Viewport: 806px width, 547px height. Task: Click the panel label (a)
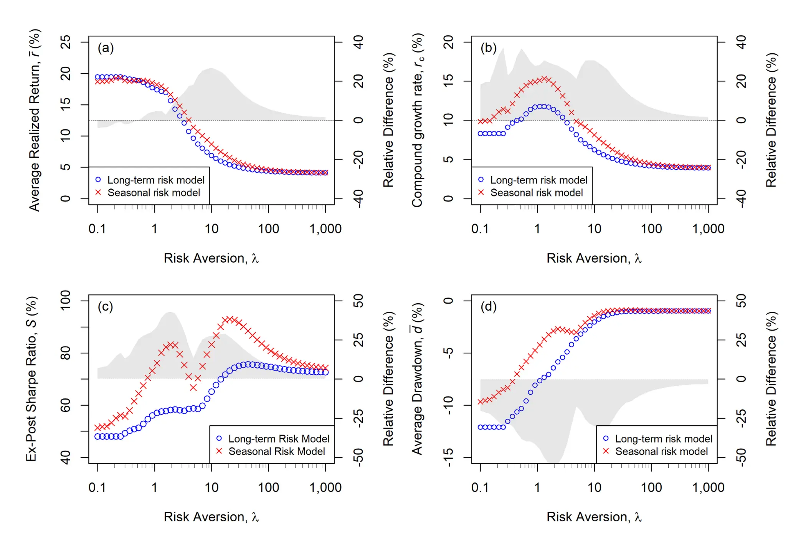click(x=106, y=48)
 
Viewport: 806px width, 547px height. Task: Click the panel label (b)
click(x=489, y=48)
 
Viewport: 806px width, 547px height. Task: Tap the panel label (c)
click(x=106, y=307)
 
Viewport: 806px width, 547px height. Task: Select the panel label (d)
click(x=489, y=307)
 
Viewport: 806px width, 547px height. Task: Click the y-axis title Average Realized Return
click(x=35, y=120)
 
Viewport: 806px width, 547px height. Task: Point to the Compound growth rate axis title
click(x=417, y=120)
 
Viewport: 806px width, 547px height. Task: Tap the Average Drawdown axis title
click(x=417, y=378)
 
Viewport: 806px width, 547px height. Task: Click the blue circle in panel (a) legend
click(x=98, y=180)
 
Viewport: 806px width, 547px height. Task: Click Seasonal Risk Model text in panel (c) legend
click(x=277, y=451)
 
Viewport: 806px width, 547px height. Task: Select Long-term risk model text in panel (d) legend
click(x=664, y=439)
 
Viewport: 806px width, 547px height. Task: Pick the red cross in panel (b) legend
click(x=481, y=192)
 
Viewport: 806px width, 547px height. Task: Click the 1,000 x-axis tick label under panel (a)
click(x=325, y=229)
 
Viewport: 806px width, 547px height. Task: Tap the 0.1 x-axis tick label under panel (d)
click(x=480, y=488)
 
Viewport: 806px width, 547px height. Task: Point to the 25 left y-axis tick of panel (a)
click(x=66, y=42)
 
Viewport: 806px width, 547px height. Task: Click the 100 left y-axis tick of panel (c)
click(x=66, y=301)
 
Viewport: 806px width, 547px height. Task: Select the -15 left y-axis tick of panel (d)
click(x=448, y=457)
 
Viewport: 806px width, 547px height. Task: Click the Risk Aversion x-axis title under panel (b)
click(x=594, y=258)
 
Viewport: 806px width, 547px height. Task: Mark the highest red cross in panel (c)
click(x=230, y=319)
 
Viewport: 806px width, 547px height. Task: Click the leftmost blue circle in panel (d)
click(x=481, y=427)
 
